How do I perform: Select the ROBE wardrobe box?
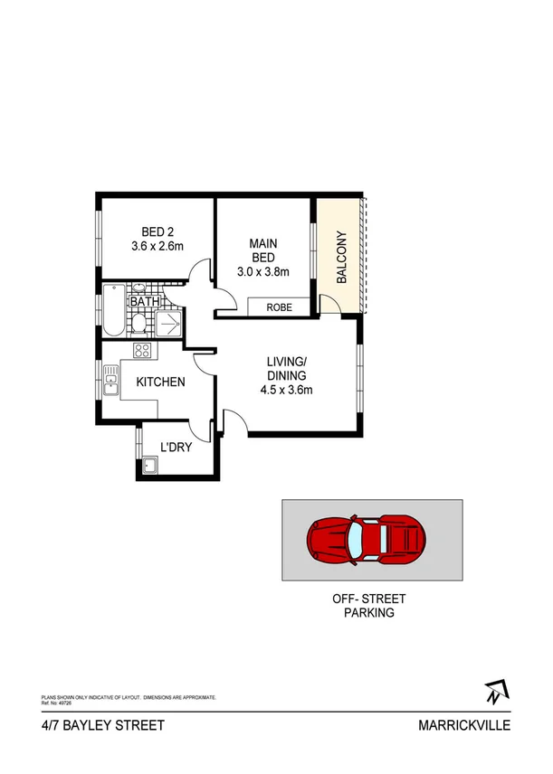pos(279,307)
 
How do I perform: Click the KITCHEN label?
pos(160,382)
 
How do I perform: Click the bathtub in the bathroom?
pos(112,311)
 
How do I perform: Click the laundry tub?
pos(149,467)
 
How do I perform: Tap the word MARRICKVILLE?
pos(464,725)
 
